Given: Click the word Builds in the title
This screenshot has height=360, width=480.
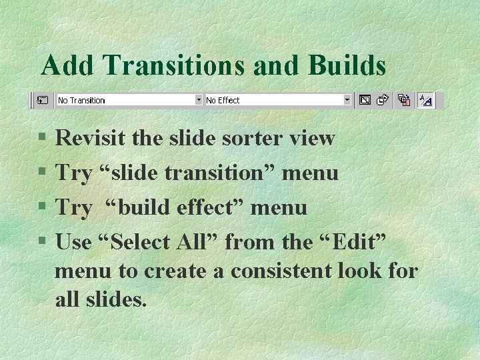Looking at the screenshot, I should tap(347, 65).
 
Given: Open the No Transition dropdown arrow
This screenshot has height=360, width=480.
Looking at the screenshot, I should tap(198, 100).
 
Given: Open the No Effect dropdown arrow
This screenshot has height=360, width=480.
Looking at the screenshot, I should tap(347, 100).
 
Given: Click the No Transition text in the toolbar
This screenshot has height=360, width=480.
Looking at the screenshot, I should tap(81, 101).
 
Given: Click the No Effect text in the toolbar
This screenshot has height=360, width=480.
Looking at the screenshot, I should tap(223, 101).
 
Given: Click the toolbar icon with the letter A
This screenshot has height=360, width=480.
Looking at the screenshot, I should tap(425, 100).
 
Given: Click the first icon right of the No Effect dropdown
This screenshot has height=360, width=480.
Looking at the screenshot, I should tap(365, 100).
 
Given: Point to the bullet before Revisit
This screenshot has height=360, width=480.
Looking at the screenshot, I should tap(42, 139).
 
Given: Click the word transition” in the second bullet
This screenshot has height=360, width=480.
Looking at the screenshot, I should tap(221, 173).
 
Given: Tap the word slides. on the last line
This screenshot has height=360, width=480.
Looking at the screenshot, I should tap(115, 300).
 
